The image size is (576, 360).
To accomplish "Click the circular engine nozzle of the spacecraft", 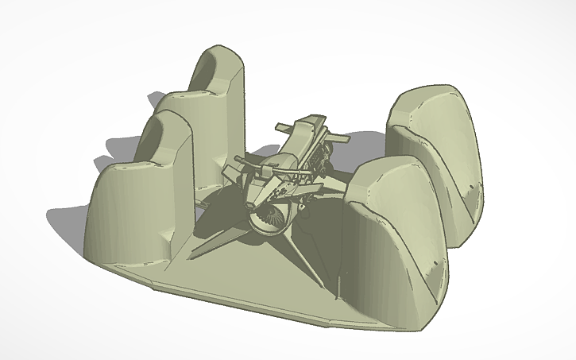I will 269,220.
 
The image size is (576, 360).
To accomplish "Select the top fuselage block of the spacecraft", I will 306,131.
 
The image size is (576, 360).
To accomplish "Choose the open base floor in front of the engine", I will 254,274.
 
